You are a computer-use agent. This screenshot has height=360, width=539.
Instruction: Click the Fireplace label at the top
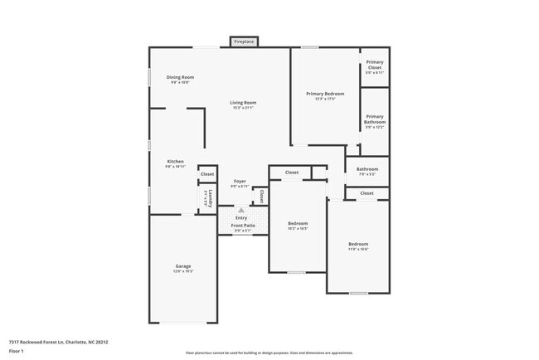[x=244, y=41]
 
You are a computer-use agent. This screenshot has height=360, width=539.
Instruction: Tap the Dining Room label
[x=181, y=77]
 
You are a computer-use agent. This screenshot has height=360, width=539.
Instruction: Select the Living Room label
[x=242, y=102]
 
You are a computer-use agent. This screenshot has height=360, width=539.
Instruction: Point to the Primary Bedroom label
[x=324, y=94]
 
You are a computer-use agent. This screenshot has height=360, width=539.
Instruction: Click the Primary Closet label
[x=375, y=65]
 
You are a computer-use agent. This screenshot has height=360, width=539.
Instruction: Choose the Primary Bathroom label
[x=375, y=119]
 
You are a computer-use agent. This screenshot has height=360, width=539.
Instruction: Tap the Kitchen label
[x=175, y=161]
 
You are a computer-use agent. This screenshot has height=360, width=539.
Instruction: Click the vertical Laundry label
[x=211, y=198]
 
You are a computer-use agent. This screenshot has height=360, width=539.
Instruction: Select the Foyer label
[x=239, y=181]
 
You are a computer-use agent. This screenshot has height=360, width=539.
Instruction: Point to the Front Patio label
[x=243, y=225]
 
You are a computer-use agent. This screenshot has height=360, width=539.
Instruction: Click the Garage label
[x=182, y=265]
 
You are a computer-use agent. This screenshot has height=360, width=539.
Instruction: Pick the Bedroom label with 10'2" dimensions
[x=298, y=223]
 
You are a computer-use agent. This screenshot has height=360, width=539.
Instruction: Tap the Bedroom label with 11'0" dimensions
[x=358, y=243]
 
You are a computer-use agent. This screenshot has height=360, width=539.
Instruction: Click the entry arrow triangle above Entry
[x=242, y=210]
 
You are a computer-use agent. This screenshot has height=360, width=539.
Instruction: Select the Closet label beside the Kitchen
[x=207, y=174]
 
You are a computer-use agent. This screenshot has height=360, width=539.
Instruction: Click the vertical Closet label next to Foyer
[x=261, y=197]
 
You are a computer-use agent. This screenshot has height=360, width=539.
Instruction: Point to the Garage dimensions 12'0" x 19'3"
[x=182, y=271]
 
